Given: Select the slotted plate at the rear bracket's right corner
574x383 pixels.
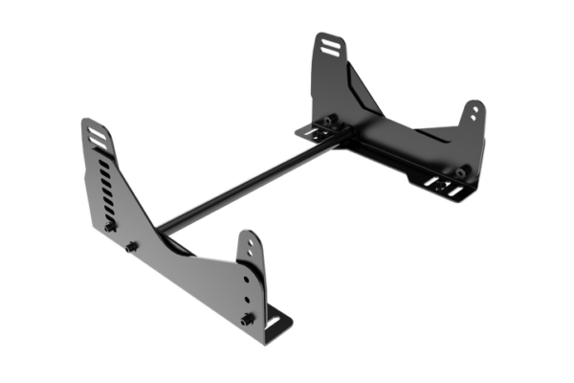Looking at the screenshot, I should pos(446,188).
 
